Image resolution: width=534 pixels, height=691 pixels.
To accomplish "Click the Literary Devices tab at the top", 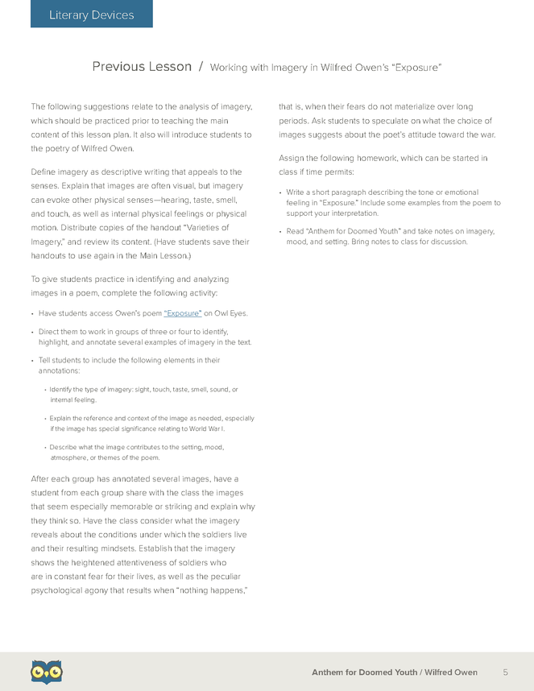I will pos(91,14).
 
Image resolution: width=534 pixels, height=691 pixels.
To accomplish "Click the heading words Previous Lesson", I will pos(142,67).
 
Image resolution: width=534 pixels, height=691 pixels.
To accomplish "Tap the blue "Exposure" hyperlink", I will pos(183,313).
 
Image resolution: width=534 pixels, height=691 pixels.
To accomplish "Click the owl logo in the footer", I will pos(47,671).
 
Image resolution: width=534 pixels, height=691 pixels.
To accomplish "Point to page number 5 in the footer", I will pos(505,672).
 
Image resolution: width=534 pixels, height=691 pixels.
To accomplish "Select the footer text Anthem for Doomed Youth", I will pos(363,672).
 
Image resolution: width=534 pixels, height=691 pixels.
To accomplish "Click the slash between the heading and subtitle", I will pos(201,67).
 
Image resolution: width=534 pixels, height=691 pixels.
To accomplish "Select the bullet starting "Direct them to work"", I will pos(145,337).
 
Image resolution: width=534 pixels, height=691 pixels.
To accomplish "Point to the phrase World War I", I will pos(213,428).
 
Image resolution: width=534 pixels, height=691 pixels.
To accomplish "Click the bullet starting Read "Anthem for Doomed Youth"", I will pos(390,236).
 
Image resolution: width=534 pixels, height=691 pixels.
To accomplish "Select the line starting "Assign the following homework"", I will pos(383,158).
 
